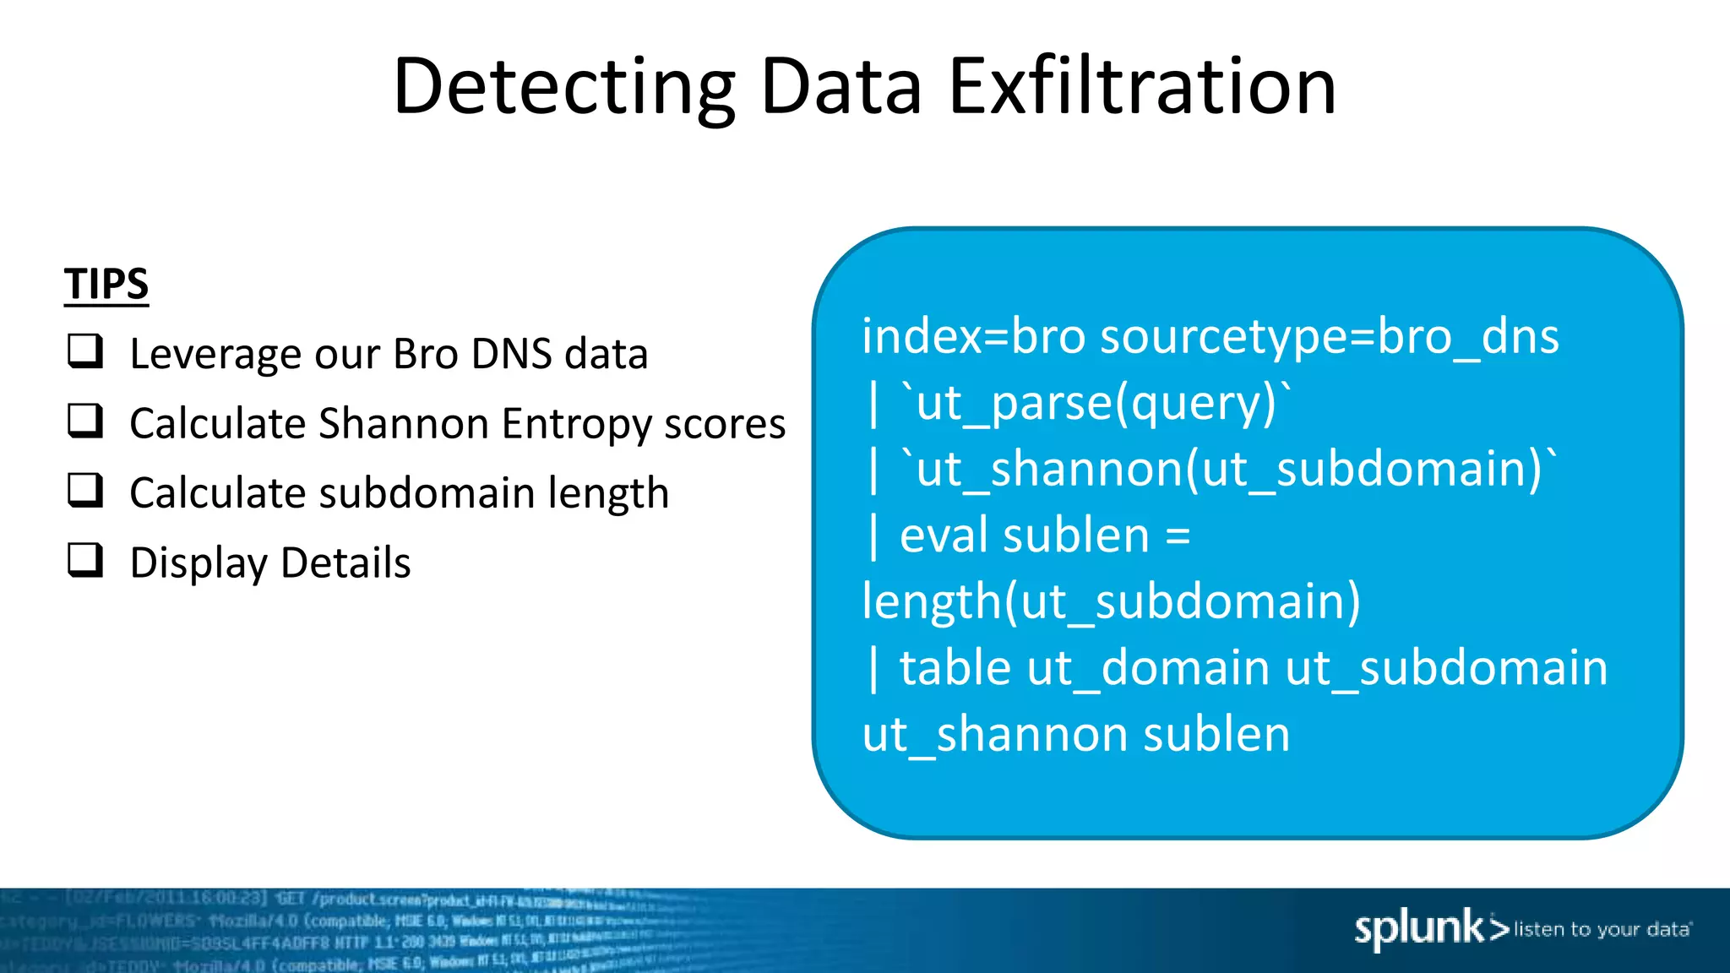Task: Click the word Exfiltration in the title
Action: [1142, 86]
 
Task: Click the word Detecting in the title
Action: [564, 86]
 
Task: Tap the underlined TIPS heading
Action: [106, 284]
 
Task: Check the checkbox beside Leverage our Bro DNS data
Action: [85, 351]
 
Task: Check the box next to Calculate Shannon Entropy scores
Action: [85, 421]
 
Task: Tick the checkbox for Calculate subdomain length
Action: [85, 490]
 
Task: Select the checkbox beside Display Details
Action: [85, 560]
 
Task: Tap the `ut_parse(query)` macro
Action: [1096, 403]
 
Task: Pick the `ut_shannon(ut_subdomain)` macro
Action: [1228, 469]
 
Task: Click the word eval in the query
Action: [939, 535]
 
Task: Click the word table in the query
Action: [955, 668]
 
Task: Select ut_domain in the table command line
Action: [1148, 668]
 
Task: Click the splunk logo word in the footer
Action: [1419, 929]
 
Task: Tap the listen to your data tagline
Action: [1602, 930]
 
